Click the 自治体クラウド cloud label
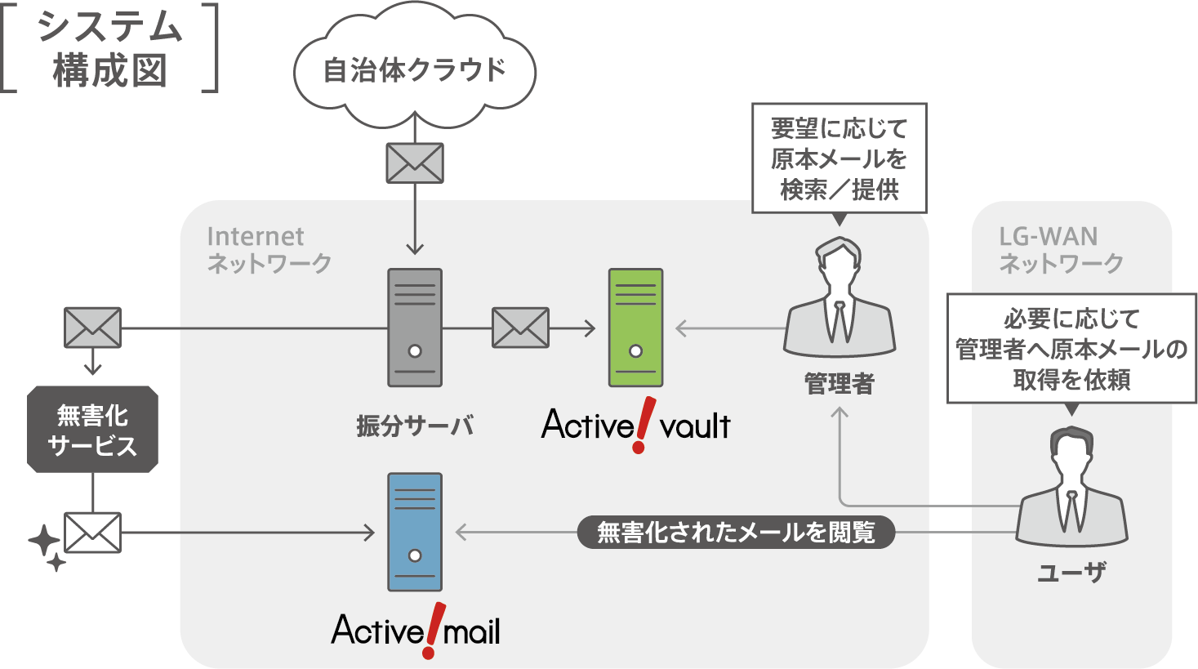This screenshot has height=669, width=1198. point(415,70)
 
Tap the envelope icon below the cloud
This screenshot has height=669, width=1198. point(415,163)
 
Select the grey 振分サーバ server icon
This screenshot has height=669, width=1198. point(415,328)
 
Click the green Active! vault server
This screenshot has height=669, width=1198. point(635,328)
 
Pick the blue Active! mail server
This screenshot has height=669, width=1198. point(415,532)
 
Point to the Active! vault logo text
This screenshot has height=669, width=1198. point(635,425)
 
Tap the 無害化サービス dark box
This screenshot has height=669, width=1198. point(92,430)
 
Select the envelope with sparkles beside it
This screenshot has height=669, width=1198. point(92,533)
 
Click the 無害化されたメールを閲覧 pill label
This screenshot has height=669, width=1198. point(736,533)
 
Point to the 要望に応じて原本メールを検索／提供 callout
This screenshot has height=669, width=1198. point(839,158)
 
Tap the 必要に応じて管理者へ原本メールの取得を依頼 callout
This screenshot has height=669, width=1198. point(1071,349)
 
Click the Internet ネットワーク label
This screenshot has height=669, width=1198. point(269,249)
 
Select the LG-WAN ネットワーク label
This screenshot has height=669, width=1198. point(1061,249)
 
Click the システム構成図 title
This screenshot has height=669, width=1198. point(109,49)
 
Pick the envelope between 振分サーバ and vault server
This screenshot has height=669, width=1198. point(520,328)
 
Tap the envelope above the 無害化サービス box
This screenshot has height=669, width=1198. point(92,328)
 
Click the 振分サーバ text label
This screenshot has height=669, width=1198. point(415,426)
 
